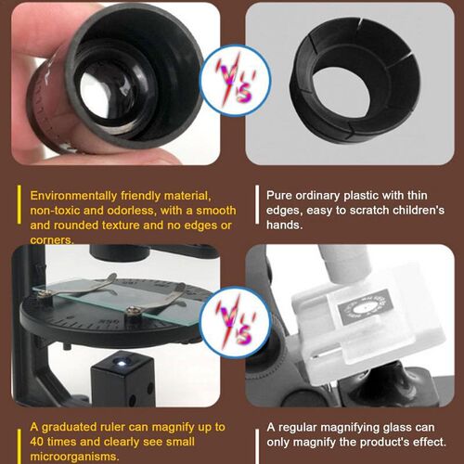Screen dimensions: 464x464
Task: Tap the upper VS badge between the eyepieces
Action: [x=235, y=81]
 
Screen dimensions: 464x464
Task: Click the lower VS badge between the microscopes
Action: [x=235, y=322]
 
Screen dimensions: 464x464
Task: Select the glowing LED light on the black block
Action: [x=122, y=363]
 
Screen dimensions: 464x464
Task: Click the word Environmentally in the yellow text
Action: [x=73, y=196]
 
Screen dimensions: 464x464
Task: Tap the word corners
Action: [x=52, y=239]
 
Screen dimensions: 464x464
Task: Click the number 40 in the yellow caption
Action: [x=37, y=442]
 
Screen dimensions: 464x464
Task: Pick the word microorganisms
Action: [x=74, y=457]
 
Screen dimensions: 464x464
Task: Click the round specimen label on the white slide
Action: [x=366, y=307]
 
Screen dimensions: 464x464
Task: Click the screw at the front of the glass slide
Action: [x=134, y=311]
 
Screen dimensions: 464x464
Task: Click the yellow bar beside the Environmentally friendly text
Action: [x=19, y=204]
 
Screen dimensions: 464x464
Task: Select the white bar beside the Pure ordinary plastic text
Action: [x=257, y=204]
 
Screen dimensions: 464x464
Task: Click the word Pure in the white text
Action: [x=279, y=196]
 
